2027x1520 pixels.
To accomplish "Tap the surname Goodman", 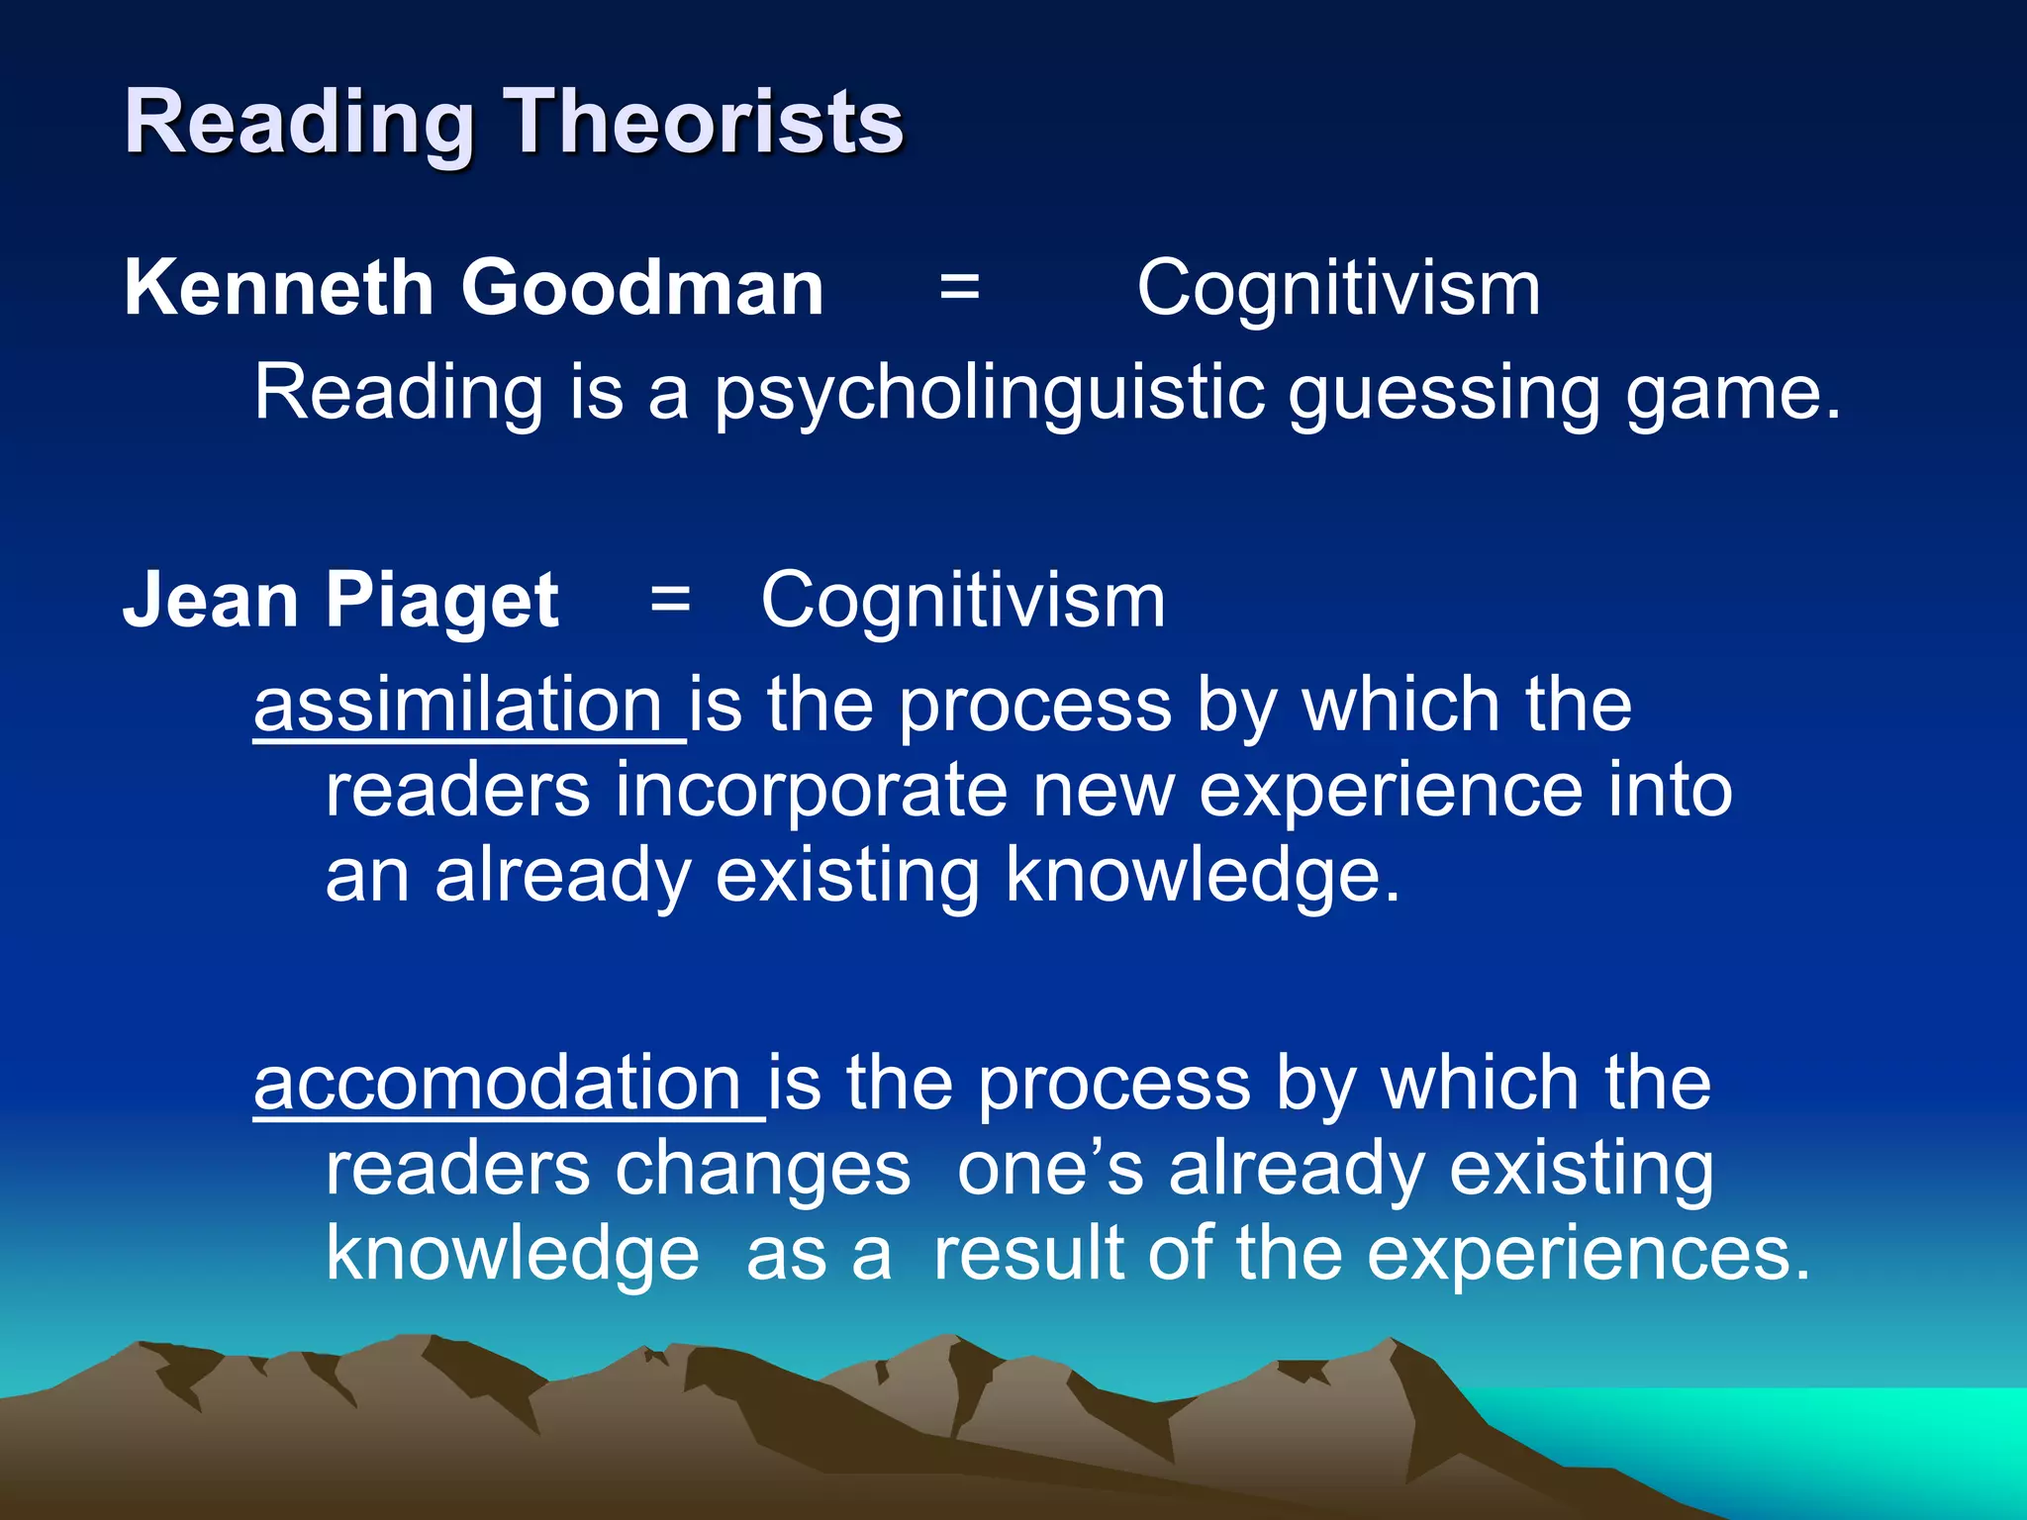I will (642, 288).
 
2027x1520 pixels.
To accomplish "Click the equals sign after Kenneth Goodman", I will (959, 288).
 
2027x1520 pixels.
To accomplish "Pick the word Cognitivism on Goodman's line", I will (1338, 288).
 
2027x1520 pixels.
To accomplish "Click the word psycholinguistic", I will (989, 393).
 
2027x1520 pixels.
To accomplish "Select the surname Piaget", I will (441, 602).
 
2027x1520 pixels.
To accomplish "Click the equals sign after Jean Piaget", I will (670, 600).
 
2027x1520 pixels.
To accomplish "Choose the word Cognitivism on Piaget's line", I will (963, 600).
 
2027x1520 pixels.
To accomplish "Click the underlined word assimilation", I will (457, 705).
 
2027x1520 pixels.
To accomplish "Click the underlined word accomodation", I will (497, 1084).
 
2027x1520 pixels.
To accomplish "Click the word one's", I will (1050, 1169).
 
